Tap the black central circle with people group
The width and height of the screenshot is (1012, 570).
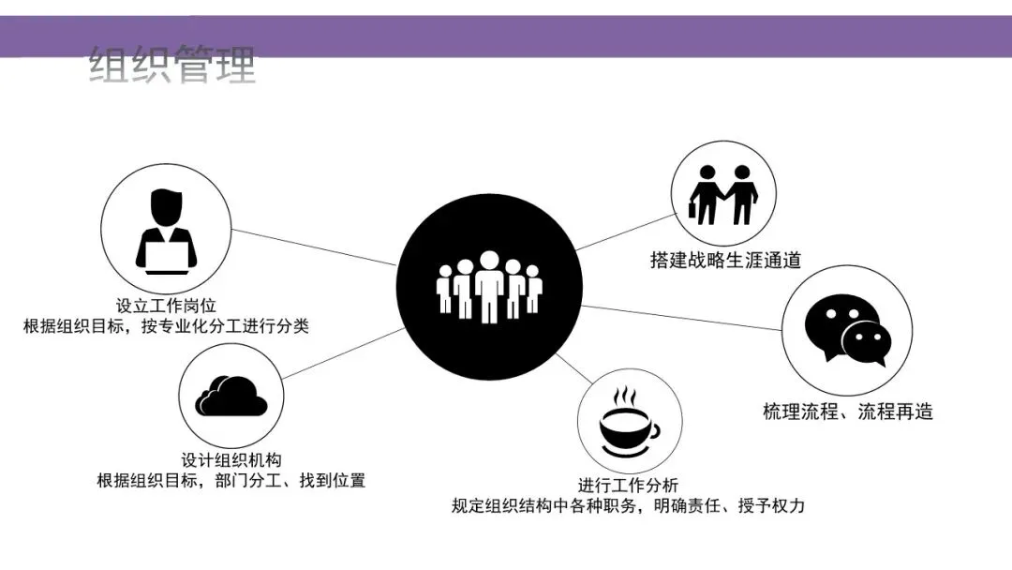click(x=488, y=281)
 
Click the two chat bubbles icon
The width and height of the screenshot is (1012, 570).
click(x=847, y=329)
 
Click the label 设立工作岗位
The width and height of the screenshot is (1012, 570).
click(x=167, y=306)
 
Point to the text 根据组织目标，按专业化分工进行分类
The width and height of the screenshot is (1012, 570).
click(x=167, y=327)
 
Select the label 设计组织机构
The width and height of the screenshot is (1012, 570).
click(x=231, y=459)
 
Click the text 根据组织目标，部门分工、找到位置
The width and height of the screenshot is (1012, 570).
click(x=231, y=481)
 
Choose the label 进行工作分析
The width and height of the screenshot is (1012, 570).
click(x=628, y=485)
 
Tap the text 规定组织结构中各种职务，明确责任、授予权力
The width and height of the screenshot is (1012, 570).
click(x=628, y=506)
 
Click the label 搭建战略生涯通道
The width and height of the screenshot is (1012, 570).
click(x=725, y=261)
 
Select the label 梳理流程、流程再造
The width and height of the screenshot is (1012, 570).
click(x=848, y=412)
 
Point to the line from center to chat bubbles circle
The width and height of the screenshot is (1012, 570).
click(x=684, y=318)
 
